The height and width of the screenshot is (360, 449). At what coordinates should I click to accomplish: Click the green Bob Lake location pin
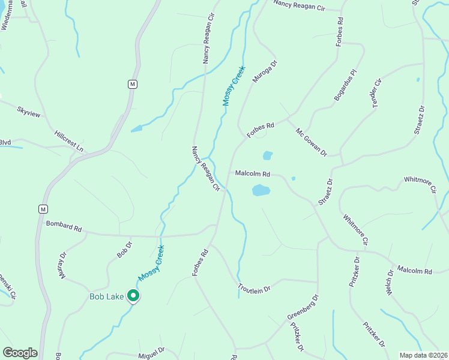[133, 296]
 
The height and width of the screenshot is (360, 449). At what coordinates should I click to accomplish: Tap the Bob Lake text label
[106, 296]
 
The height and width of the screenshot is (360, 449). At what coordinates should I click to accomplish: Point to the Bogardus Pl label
[345, 85]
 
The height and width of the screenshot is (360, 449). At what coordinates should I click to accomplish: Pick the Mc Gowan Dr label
[311, 142]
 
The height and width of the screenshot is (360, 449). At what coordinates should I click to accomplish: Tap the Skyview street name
[28, 111]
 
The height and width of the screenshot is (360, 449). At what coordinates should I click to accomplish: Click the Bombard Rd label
[64, 227]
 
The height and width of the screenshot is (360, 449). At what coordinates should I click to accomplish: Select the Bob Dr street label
[124, 250]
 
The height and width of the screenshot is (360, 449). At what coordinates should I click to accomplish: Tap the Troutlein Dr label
[255, 289]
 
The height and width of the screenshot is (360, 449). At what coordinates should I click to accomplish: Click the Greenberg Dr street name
[303, 307]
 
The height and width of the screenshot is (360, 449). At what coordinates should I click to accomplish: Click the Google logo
[20, 353]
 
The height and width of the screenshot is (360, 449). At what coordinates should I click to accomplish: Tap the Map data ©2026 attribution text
[423, 355]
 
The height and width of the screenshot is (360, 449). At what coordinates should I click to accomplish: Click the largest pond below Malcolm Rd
[261, 191]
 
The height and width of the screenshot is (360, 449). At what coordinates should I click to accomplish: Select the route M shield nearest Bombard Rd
[42, 209]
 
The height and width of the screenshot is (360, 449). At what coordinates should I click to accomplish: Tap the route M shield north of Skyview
[133, 84]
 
